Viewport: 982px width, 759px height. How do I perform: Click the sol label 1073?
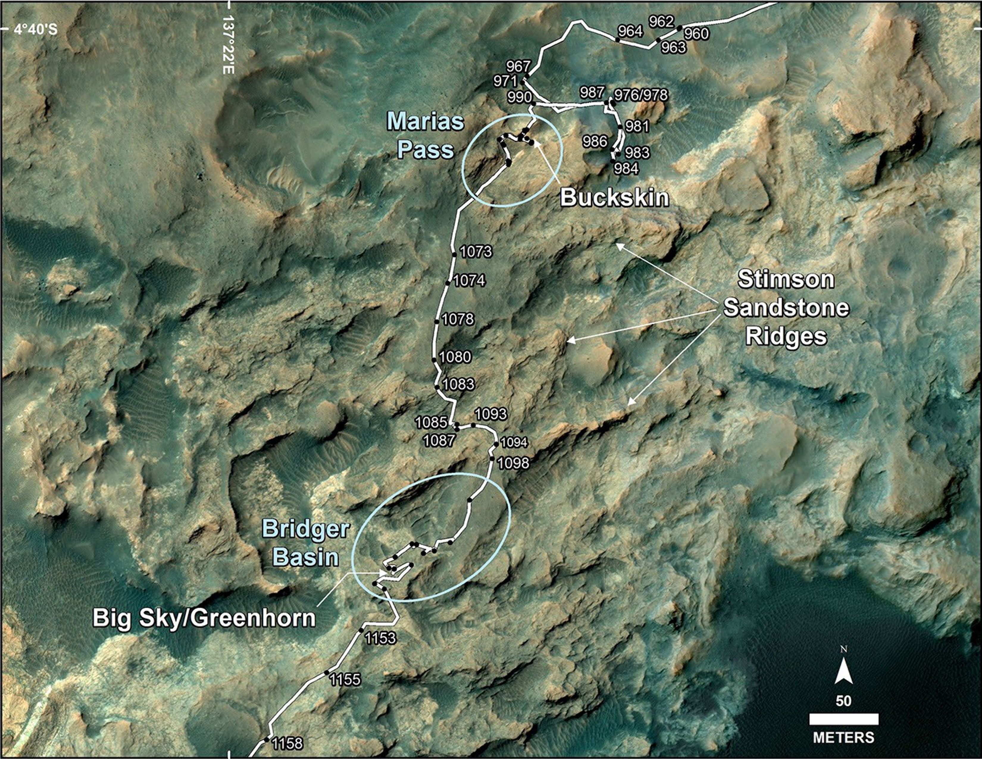click(x=476, y=251)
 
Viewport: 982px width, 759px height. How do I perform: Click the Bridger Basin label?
click(x=306, y=543)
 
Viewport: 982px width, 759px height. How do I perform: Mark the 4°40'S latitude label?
click(x=35, y=30)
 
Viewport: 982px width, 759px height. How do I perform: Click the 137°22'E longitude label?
click(x=229, y=45)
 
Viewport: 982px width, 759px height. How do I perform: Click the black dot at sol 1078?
click(x=436, y=322)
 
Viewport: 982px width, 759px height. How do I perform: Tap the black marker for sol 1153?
click(x=361, y=631)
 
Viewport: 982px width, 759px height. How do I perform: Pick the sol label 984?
click(x=626, y=168)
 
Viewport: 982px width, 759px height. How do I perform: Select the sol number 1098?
click(x=514, y=463)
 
